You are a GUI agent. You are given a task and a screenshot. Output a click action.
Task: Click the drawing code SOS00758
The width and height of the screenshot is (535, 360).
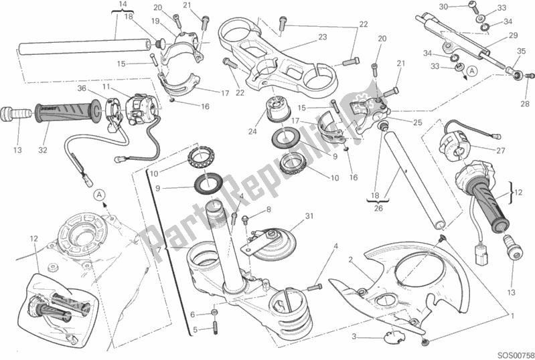[x=511, y=352]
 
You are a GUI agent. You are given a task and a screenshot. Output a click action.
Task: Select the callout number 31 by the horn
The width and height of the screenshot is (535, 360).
[x=309, y=215]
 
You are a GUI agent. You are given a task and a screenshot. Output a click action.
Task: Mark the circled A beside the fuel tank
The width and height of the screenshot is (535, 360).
[x=99, y=195]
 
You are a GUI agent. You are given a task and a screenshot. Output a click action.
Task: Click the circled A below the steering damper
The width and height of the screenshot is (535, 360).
[x=473, y=71]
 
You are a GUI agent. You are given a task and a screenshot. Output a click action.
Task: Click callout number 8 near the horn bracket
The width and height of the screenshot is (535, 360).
[x=269, y=209]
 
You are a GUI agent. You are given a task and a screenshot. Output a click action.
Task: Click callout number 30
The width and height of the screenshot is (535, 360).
[x=462, y=7]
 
